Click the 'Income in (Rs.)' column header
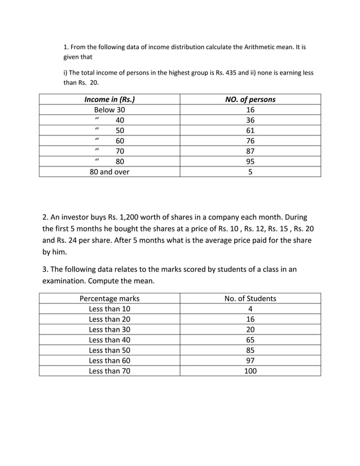109,100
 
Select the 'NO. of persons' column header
250,100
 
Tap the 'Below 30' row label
109,110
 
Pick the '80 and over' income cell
109,172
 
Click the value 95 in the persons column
250,161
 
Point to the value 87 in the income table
250,151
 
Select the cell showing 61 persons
250,130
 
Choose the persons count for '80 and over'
250,172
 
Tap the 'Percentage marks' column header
109,298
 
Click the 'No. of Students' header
250,298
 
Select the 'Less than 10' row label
109,309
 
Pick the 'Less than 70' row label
109,371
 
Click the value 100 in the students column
250,371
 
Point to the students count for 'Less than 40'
250,340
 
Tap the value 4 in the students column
250,309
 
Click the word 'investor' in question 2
80,217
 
